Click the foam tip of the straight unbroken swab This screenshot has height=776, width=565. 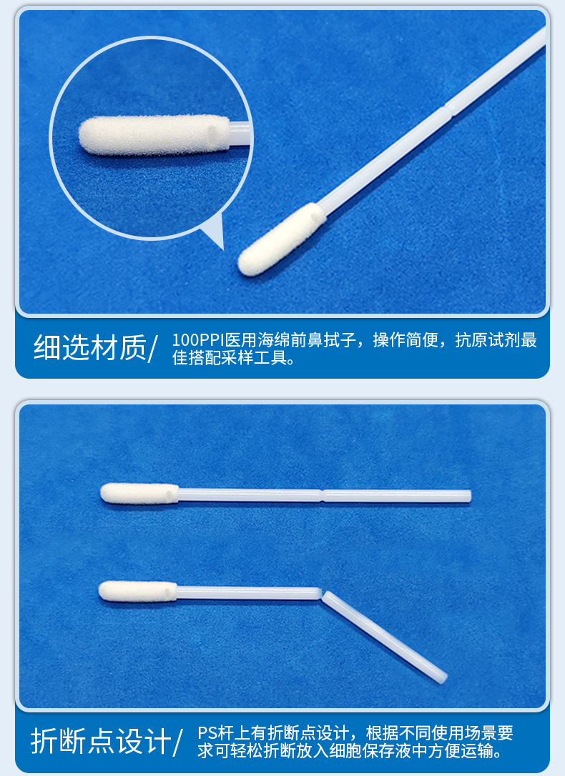[x=139, y=493]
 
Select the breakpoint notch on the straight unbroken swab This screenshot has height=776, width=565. [x=323, y=495]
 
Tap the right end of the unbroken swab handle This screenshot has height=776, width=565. [x=468, y=496]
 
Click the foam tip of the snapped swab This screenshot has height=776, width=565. [x=137, y=590]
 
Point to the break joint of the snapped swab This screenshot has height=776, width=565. [x=320, y=593]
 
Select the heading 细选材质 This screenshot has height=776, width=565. [x=89, y=348]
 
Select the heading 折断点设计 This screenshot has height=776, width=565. [x=100, y=741]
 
